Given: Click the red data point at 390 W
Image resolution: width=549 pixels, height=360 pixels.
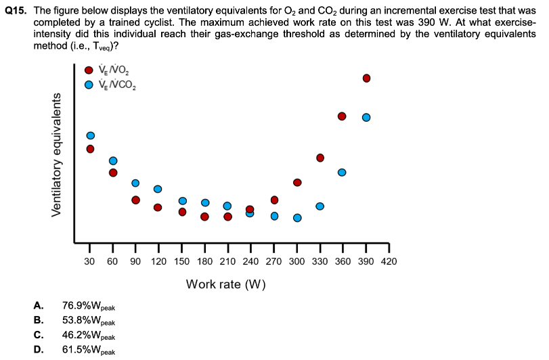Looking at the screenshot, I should tap(366, 78).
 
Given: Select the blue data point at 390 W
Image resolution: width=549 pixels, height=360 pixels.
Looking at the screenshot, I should tap(366, 117).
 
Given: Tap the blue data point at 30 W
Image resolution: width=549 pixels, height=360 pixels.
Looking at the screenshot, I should tap(90, 135).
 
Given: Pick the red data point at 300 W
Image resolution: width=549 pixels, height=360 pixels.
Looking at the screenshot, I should tap(297, 182).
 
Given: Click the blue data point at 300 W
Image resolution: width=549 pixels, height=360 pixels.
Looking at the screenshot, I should tap(297, 218).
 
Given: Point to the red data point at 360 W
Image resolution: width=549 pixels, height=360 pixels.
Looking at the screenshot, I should tap(342, 116).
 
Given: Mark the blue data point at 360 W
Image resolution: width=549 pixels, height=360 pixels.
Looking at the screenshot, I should tap(342, 172).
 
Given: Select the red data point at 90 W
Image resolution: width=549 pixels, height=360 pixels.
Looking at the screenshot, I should tap(135, 200).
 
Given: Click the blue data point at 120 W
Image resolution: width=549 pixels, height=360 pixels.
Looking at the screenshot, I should tap(158, 189).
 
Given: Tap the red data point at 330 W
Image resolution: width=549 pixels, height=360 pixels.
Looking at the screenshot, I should tap(320, 158).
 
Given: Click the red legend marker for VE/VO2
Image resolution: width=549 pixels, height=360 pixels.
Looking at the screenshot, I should tap(89, 70).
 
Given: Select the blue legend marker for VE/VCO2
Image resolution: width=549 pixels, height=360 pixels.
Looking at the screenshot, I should tap(89, 85).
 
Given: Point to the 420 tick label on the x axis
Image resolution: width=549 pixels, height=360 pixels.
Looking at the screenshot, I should tap(389, 261).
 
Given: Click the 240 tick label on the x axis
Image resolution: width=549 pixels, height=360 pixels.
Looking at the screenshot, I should tap(250, 261).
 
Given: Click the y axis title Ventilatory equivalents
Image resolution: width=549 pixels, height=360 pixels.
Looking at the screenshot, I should tap(57, 154).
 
